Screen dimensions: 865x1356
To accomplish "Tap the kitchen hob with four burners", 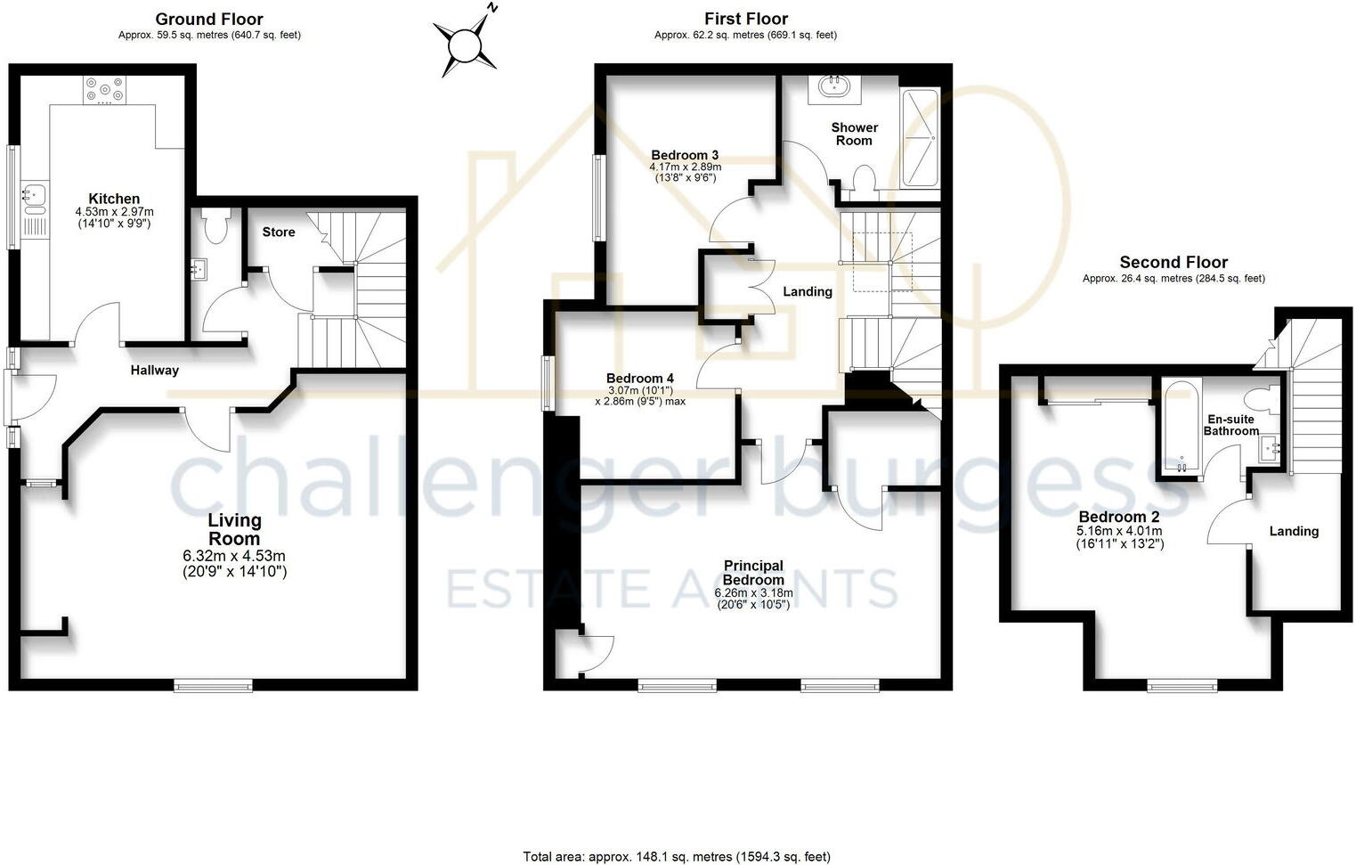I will pos(105,90).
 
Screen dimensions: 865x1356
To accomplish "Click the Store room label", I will pos(279,232).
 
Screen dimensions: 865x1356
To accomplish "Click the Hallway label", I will pos(155,370).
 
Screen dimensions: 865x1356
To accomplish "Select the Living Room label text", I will pos(234,529).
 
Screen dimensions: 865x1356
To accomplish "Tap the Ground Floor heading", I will pos(209,19).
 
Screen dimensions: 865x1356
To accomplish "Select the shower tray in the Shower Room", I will pos(921,138).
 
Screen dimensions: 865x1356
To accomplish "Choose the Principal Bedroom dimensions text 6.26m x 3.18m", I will pos(753,592).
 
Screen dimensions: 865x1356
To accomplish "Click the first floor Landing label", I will pos(808,291).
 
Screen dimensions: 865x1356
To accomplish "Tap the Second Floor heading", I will pos(1173,262).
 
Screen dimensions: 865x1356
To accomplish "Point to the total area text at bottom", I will pos(677,856).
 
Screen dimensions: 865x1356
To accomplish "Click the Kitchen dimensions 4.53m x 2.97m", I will pos(114,212).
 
